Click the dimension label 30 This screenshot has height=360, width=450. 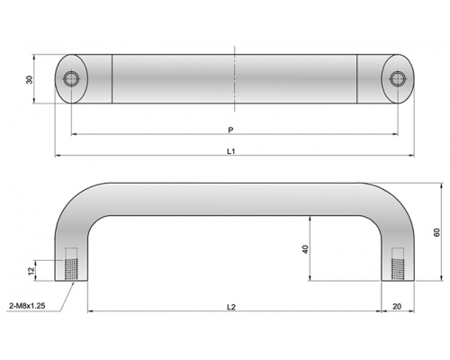[30, 79]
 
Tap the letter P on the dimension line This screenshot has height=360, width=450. [230, 130]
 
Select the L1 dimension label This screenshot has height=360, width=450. [230, 151]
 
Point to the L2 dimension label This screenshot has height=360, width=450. [231, 307]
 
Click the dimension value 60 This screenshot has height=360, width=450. [436, 232]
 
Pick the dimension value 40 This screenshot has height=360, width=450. [305, 249]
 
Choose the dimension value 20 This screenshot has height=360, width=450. [397, 307]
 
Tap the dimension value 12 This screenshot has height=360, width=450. [31, 271]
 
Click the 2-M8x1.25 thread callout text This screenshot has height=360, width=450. [27, 306]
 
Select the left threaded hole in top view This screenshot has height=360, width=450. [71, 78]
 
